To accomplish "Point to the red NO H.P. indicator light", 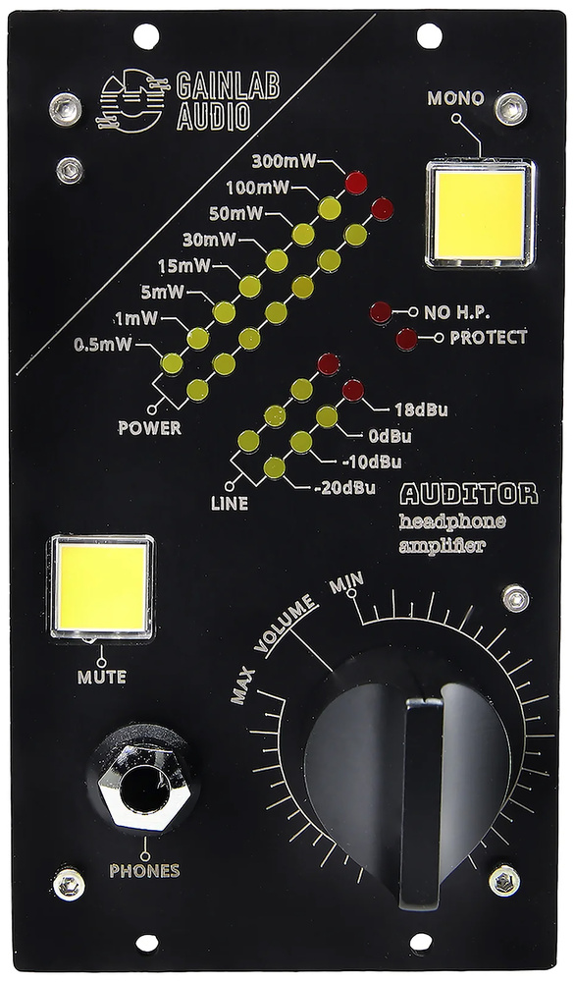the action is tap(381, 312).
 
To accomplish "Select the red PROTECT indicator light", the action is tap(407, 339).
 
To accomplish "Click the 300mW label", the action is tap(284, 161).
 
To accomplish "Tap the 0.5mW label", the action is tap(103, 345).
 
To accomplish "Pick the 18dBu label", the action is tap(421, 410).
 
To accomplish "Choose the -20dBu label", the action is tap(344, 488).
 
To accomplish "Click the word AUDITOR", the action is tap(469, 495).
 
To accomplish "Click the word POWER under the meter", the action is tap(149, 428).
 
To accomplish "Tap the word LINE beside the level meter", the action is tap(230, 504).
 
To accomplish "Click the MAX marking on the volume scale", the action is tap(243, 685).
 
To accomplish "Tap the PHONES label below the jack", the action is tap(144, 870).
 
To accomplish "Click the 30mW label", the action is tap(210, 240).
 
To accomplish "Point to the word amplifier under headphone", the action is tap(443, 546).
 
